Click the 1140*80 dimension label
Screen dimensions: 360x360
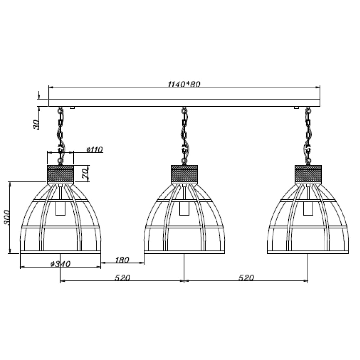tap(184, 84)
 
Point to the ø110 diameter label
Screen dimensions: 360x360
tap(95, 150)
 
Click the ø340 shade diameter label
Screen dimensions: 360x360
tap(61, 264)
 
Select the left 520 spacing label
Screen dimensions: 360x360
tap(122, 278)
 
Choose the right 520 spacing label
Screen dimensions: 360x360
tap(246, 278)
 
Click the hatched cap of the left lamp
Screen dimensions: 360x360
tap(60, 174)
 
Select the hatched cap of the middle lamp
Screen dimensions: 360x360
tap(185, 174)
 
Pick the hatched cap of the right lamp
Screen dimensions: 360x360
tap(308, 174)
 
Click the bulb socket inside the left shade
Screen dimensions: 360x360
tap(60, 208)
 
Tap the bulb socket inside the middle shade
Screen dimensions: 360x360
tap(184, 208)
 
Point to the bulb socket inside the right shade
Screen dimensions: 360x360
tap(308, 208)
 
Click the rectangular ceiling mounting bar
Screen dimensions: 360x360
tap(184, 99)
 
